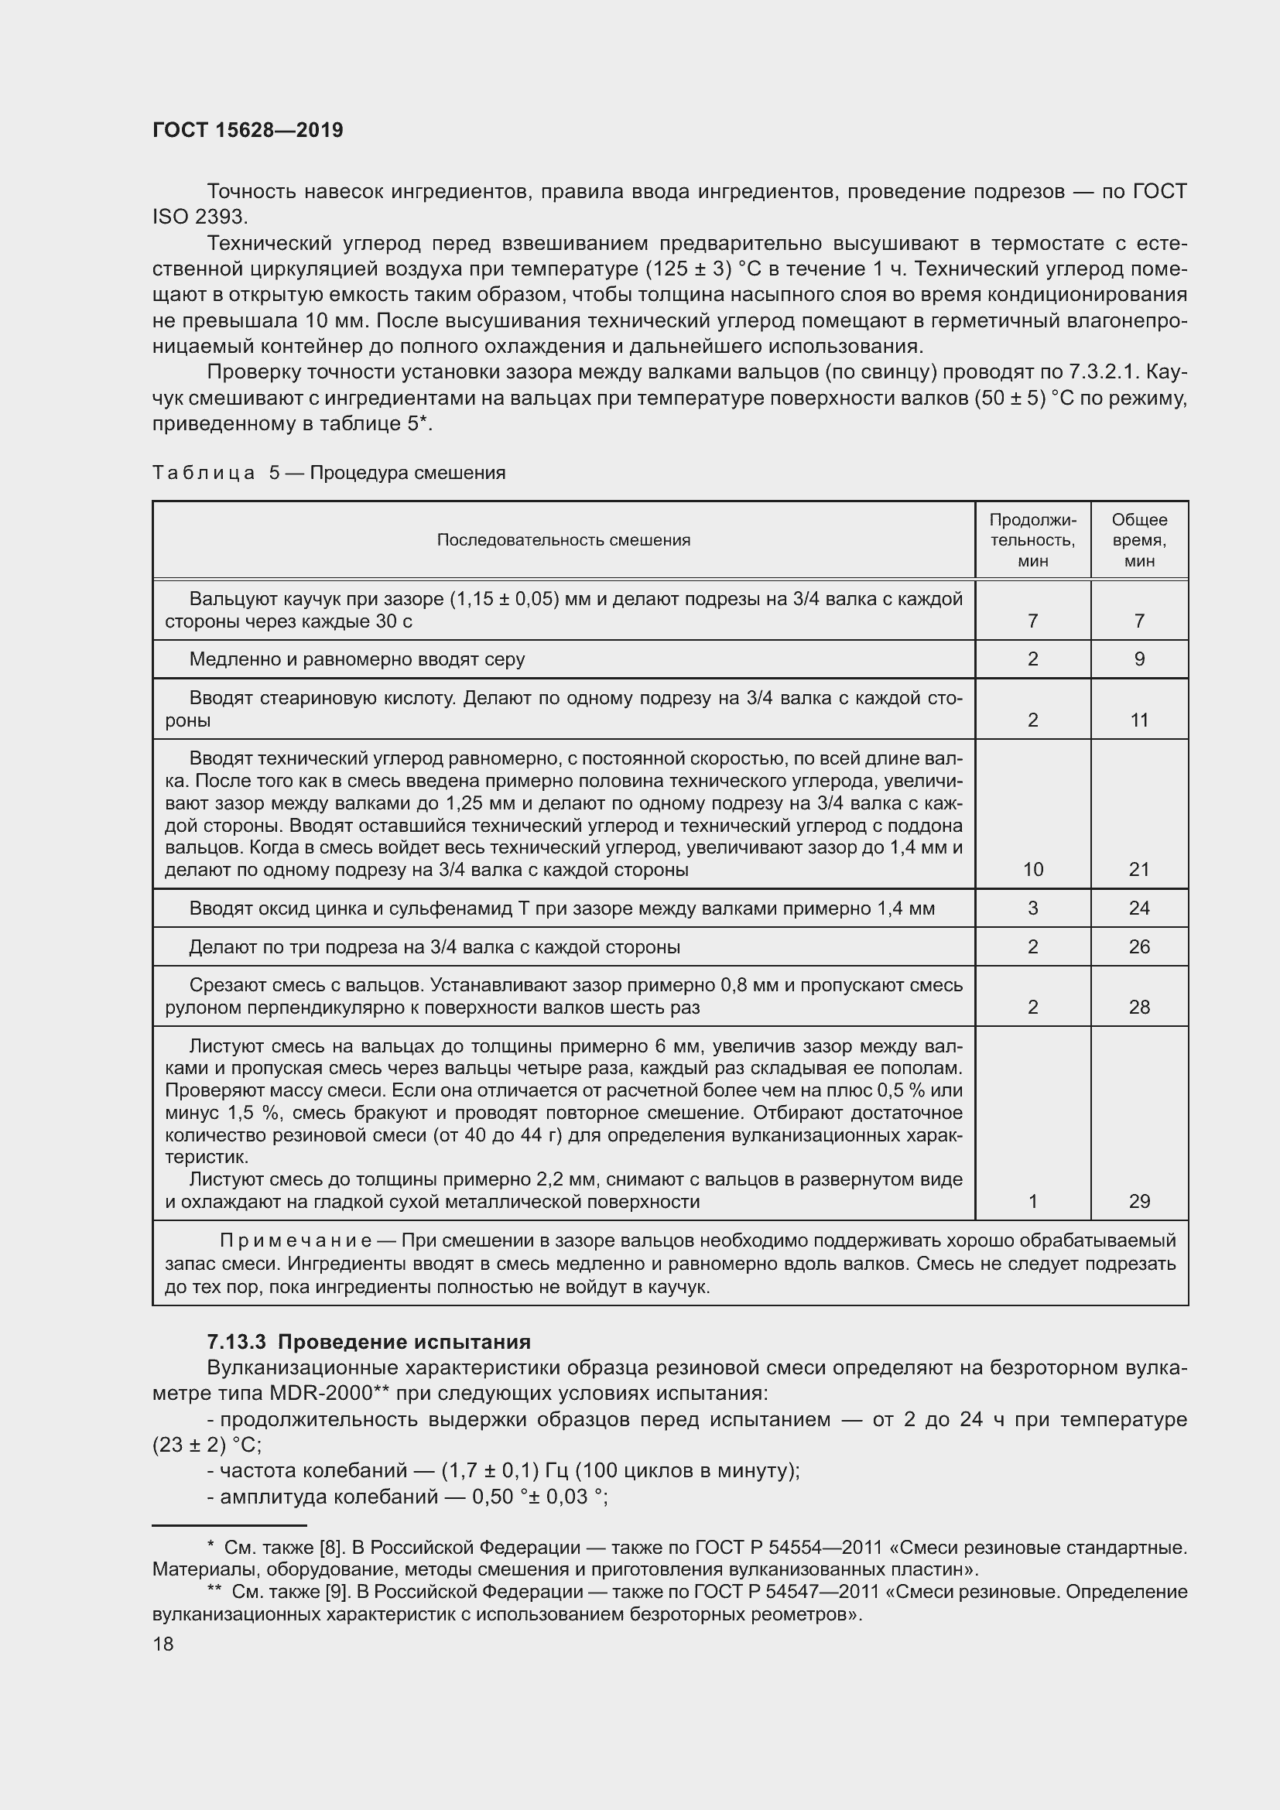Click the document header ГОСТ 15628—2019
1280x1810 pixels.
248,131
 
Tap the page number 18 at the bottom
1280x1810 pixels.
163,1644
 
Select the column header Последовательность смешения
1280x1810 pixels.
563,540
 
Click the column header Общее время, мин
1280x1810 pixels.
1139,540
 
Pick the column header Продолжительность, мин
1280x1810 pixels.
1032,540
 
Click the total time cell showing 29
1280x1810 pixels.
1139,1202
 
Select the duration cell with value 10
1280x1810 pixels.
1032,870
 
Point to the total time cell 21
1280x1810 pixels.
1139,870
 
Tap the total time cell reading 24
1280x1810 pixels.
1139,908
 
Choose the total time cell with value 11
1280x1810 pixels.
1139,720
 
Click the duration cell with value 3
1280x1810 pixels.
1032,908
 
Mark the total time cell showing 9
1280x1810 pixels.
1139,659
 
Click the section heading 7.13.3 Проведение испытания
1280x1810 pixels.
368,1342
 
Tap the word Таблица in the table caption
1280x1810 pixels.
204,473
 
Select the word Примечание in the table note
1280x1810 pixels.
295,1240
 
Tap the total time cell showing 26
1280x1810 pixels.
1139,946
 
